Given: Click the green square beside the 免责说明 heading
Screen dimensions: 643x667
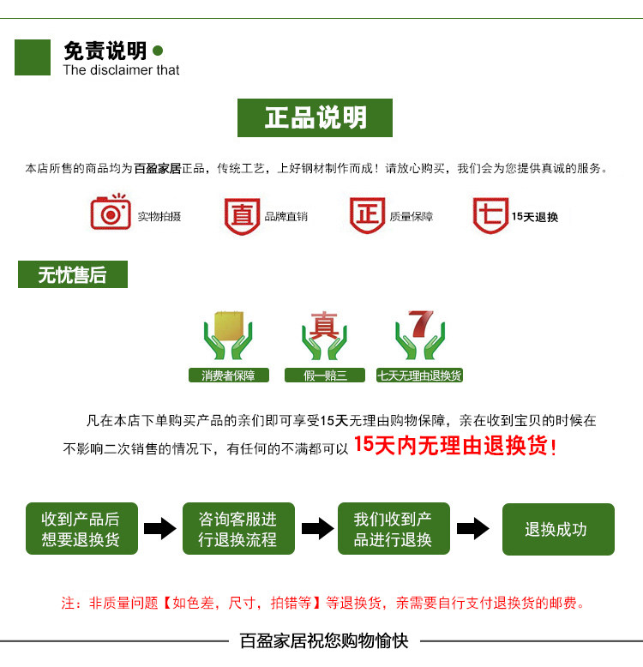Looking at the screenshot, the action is (33, 57).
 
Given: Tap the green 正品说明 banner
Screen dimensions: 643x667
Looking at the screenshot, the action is (315, 117).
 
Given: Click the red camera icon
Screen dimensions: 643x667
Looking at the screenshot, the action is (111, 212).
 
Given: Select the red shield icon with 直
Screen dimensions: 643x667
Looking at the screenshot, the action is (242, 215).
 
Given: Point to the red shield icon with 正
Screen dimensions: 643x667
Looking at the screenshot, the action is (367, 214).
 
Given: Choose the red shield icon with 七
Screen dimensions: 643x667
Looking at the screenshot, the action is (490, 214).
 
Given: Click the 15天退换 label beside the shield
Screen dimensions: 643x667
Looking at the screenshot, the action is (535, 217).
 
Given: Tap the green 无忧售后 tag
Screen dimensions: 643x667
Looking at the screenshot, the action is (72, 274).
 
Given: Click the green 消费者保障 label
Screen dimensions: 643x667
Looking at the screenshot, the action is (228, 375).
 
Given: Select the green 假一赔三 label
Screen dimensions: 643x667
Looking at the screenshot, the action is (325, 375).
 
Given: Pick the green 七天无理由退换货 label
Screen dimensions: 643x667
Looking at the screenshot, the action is (420, 375).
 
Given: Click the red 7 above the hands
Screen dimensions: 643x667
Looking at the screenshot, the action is (421, 324).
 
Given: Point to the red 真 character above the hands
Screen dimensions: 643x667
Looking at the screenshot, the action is (324, 327).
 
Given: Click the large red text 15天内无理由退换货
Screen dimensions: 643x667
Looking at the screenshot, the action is (455, 446).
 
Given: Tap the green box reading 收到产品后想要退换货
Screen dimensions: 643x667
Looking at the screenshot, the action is (81, 529).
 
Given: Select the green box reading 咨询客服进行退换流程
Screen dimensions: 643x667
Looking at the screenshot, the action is (238, 529).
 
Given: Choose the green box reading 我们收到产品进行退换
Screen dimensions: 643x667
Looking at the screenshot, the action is (394, 529).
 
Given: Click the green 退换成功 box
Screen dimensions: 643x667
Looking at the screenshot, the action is (558, 529).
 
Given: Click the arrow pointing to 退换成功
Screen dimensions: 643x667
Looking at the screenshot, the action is (473, 528).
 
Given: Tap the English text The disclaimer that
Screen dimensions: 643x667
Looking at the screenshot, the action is (121, 70).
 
